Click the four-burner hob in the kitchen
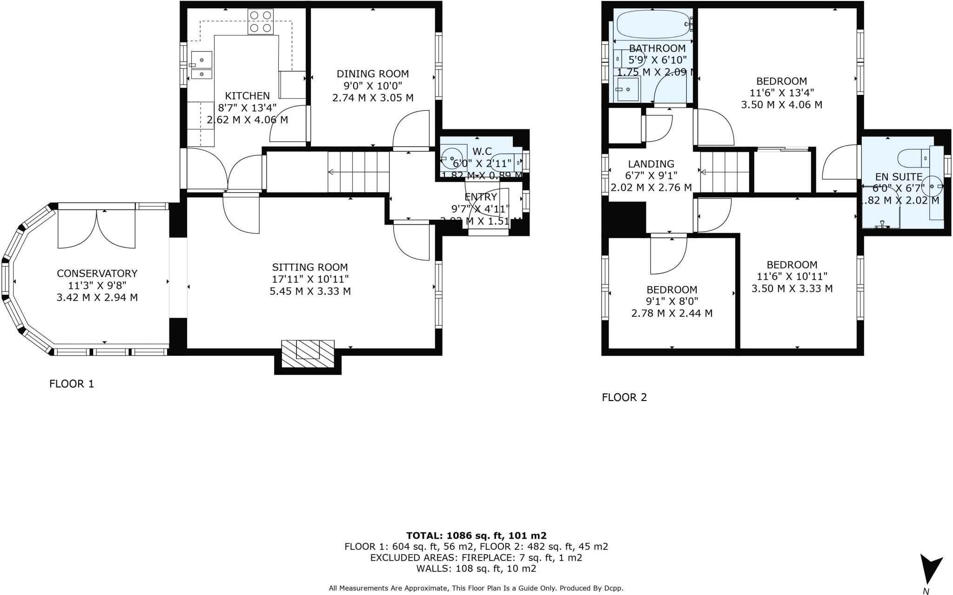(261, 22)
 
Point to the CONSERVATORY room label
(97, 274)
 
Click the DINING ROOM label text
(373, 74)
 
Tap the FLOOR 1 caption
(72, 384)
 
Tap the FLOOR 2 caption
(624, 397)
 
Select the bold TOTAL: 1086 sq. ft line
(476, 535)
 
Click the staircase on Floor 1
(358, 172)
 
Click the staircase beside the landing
(725, 172)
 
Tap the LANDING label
(651, 164)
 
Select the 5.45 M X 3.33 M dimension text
(310, 292)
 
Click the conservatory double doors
(97, 228)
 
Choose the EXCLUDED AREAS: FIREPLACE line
(476, 557)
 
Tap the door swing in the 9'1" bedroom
(668, 257)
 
